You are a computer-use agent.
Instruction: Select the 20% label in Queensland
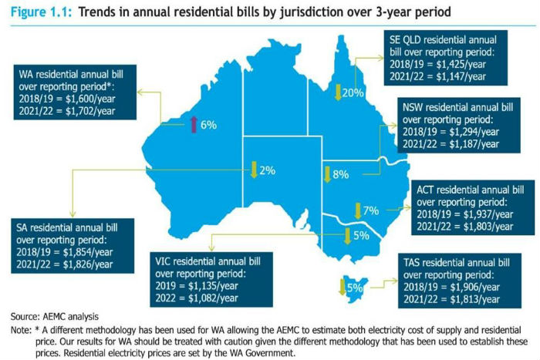(x=353, y=93)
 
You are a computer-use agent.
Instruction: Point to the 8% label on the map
(x=341, y=175)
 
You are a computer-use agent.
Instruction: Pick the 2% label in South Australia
(x=267, y=170)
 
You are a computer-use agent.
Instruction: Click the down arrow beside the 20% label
(x=336, y=92)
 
